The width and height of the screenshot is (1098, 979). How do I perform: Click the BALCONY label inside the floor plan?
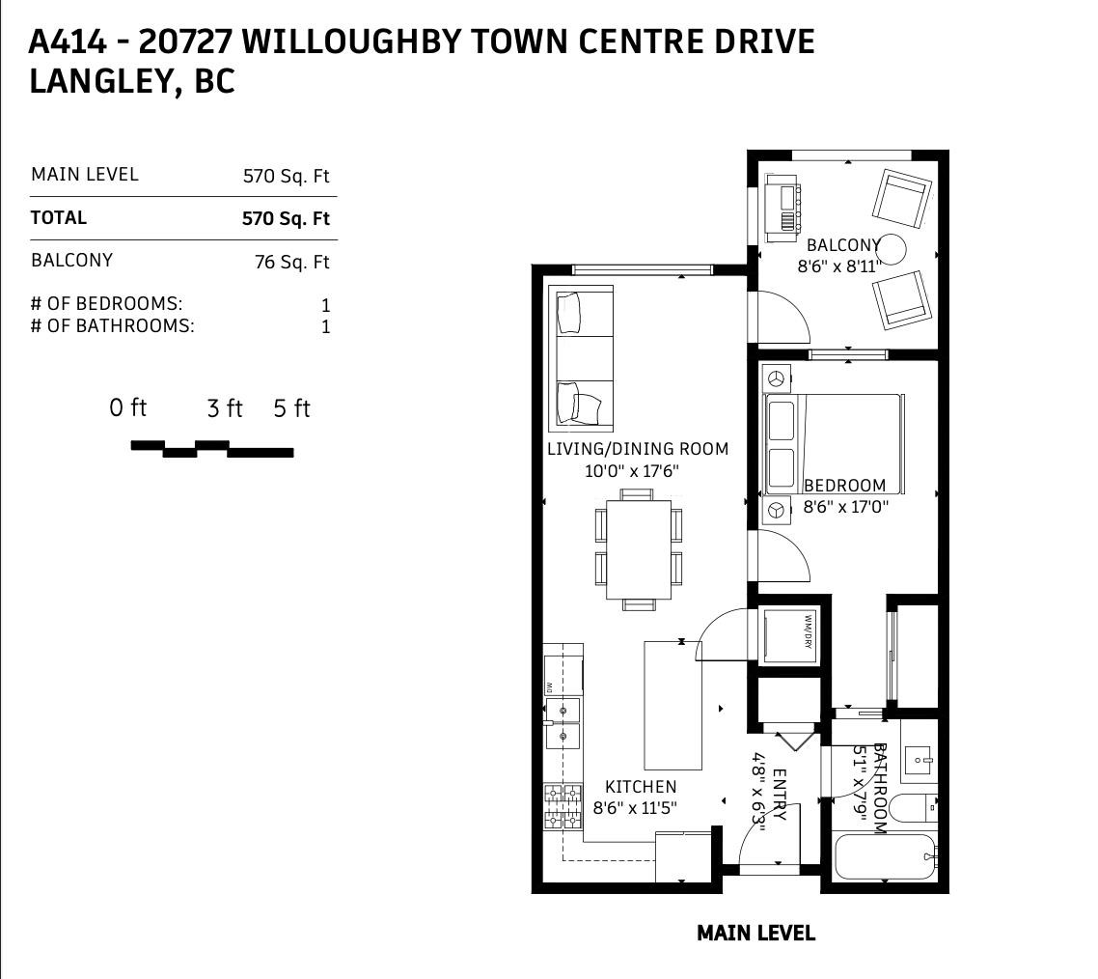(x=842, y=245)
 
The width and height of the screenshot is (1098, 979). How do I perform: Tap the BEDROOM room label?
(x=844, y=485)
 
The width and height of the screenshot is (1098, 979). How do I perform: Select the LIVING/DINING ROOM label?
(x=637, y=449)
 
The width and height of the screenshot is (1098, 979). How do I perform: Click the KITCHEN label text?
(x=640, y=787)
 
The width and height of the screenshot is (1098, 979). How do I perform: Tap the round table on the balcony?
(x=892, y=249)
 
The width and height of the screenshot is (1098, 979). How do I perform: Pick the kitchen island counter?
(x=673, y=703)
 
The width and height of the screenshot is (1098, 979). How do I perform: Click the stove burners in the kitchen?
(x=564, y=807)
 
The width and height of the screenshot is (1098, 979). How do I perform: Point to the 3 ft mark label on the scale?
(x=225, y=408)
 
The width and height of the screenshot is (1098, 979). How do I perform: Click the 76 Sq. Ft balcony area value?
(x=291, y=262)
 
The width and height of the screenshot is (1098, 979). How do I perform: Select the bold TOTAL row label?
(x=59, y=218)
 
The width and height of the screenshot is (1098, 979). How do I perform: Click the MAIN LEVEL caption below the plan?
(x=755, y=933)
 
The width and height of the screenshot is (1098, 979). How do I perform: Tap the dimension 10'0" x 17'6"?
(x=632, y=472)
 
